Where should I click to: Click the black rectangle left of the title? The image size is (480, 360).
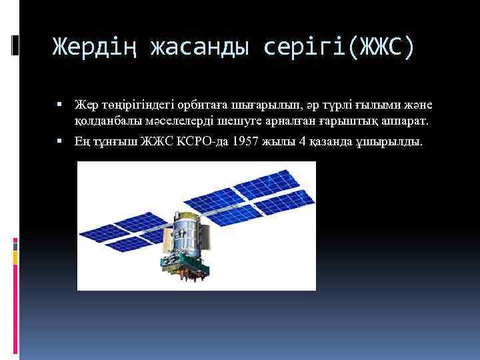[15, 45]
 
